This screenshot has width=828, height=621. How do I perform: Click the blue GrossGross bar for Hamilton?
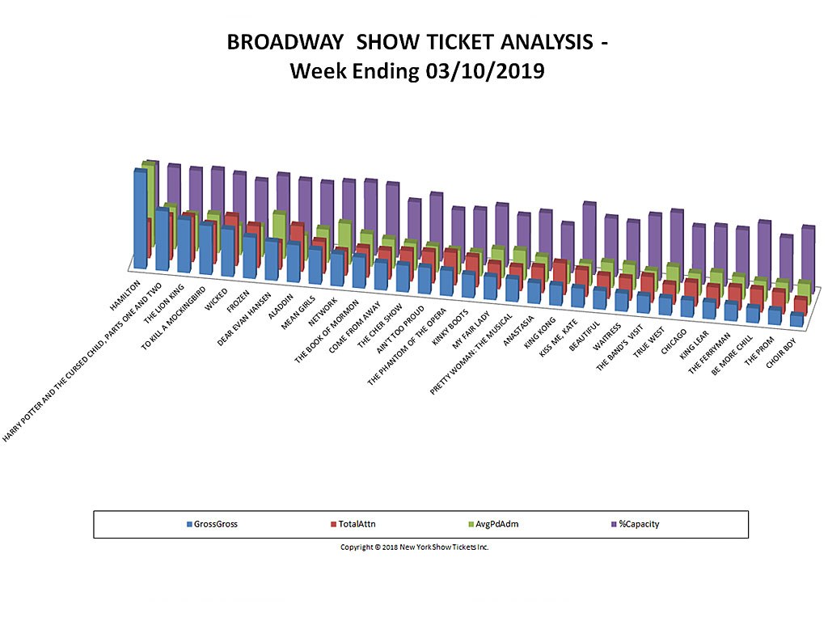pyautogui.click(x=141, y=218)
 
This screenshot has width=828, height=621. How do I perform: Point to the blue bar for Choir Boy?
pyautogui.click(x=796, y=319)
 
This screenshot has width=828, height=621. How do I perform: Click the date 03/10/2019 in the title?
pyautogui.click(x=484, y=71)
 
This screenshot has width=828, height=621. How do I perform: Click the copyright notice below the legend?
pyautogui.click(x=414, y=547)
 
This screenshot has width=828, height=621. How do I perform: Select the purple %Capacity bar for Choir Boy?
pyautogui.click(x=807, y=256)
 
